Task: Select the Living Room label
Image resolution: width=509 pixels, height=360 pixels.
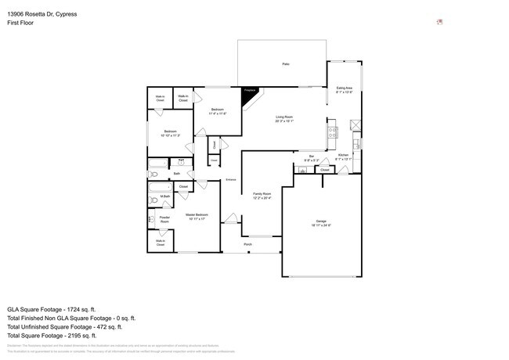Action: point(284,117)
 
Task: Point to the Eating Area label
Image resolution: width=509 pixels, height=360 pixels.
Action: point(344,89)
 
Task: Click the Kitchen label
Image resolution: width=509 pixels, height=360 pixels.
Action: point(343,155)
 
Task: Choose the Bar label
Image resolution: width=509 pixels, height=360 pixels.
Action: point(311,157)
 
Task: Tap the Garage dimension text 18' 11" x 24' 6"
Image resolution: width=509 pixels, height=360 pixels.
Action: point(321,225)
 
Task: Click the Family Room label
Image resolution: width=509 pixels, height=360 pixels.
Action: point(261,193)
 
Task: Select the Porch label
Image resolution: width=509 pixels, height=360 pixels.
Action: point(247,244)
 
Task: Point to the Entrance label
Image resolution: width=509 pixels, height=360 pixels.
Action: point(231,180)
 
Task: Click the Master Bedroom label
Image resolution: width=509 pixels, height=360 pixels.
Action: point(196,214)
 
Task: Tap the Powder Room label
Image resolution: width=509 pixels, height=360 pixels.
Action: point(164,219)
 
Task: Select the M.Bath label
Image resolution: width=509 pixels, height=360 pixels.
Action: point(165,196)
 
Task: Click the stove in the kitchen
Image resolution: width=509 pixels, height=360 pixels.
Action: point(333,132)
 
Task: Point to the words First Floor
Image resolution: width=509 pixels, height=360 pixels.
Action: point(20,23)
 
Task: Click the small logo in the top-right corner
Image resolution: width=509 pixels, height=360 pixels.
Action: point(439,21)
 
